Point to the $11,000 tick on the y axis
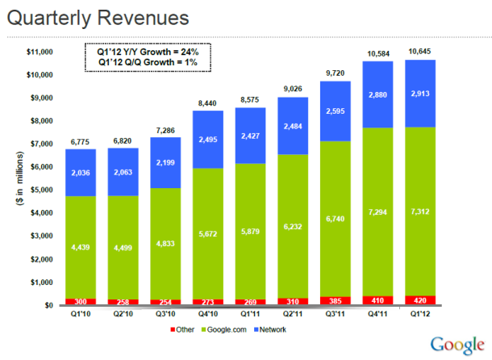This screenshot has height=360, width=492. coord(40,52)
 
